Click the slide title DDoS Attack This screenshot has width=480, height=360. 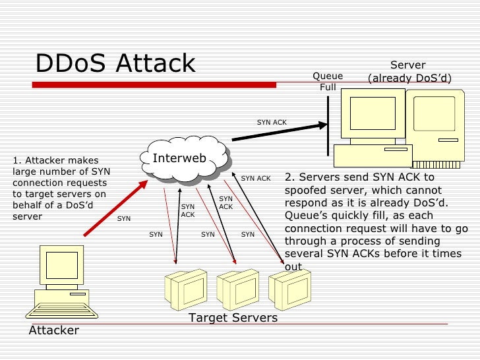pyautogui.click(x=115, y=63)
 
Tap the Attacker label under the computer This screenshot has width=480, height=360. pyautogui.click(x=53, y=330)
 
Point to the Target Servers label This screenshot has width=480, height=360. pyautogui.click(x=233, y=318)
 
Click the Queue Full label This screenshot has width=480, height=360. pyautogui.click(x=328, y=82)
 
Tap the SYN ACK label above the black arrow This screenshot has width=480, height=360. pyautogui.click(x=272, y=122)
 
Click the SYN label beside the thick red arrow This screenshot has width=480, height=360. pyautogui.click(x=124, y=218)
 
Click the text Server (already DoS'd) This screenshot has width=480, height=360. pyautogui.click(x=409, y=72)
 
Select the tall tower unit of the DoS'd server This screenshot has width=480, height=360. pyautogui.click(x=433, y=129)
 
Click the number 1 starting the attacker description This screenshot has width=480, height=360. pyautogui.click(x=16, y=160)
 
